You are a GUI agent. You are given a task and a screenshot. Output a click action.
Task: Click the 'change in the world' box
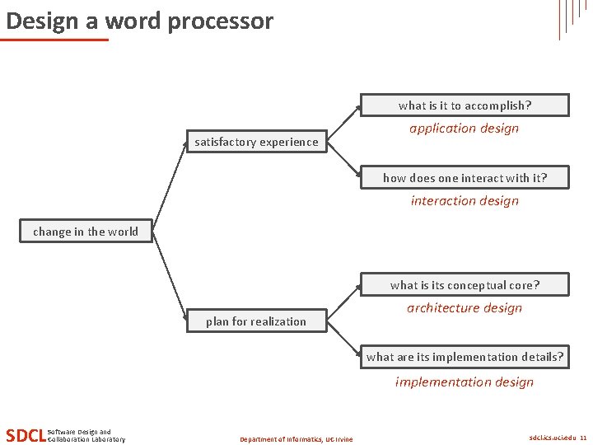86,232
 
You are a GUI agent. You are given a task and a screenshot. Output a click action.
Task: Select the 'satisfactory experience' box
256,142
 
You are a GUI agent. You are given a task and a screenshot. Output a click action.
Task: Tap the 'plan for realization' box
256,321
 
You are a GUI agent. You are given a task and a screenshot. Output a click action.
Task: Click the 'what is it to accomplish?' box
465,105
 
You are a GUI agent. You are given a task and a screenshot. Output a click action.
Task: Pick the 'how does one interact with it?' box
465,177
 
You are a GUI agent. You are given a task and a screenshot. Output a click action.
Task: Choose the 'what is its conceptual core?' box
465,285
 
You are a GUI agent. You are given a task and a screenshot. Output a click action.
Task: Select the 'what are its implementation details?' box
465,357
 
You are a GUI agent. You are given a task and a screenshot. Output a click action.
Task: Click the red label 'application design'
465,129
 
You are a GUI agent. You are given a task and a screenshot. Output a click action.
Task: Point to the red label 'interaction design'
465,201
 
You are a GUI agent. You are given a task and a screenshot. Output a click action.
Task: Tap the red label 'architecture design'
465,308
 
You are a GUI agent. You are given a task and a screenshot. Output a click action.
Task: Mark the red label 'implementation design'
465,382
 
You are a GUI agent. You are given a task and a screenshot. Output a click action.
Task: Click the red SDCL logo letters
25,435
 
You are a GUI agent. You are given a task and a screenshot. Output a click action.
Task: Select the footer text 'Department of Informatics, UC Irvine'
296,439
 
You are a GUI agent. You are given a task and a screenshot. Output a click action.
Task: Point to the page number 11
583,438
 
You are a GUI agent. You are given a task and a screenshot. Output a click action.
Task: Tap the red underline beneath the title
55,39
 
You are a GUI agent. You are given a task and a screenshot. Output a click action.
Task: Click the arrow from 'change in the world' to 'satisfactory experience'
169,186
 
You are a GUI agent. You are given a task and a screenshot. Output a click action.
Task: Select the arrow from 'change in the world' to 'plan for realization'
169,277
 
